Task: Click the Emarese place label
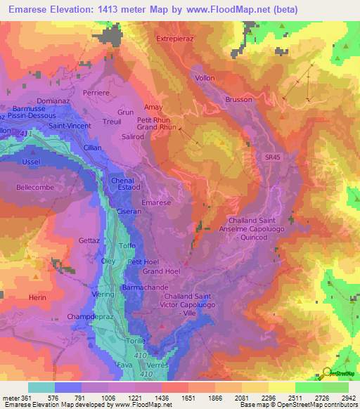click(155, 202)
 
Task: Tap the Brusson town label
click(238, 100)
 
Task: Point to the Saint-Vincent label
click(69, 126)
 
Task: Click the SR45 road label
click(273, 157)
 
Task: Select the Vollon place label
click(204, 78)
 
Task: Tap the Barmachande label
click(145, 287)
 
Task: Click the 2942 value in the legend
click(348, 396)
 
